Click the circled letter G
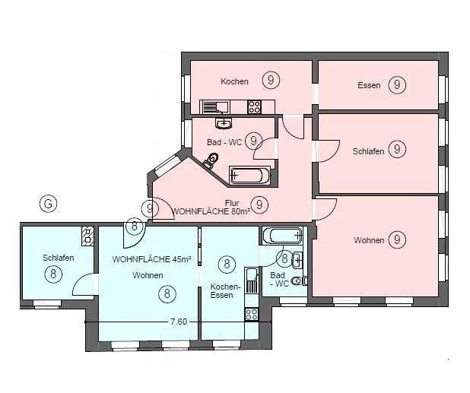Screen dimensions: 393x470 click(x=47, y=203)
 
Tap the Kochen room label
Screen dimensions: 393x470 click(x=234, y=81)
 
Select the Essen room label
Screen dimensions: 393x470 click(x=368, y=85)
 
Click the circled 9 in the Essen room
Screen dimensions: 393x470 click(x=396, y=85)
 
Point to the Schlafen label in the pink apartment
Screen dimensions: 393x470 click(x=368, y=151)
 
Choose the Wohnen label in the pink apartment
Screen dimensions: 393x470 click(x=368, y=240)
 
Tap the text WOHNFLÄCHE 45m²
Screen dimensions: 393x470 click(x=142, y=259)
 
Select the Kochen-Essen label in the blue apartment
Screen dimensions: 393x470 click(x=225, y=290)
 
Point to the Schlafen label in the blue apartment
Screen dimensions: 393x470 click(x=58, y=258)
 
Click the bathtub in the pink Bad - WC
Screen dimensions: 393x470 click(x=249, y=176)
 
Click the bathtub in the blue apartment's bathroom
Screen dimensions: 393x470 click(x=275, y=235)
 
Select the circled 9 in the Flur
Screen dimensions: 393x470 click(x=260, y=204)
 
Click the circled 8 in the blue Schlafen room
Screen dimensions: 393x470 click(x=53, y=274)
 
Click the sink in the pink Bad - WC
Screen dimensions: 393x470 click(x=224, y=122)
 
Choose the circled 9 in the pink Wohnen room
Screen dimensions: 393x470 click(x=396, y=240)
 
